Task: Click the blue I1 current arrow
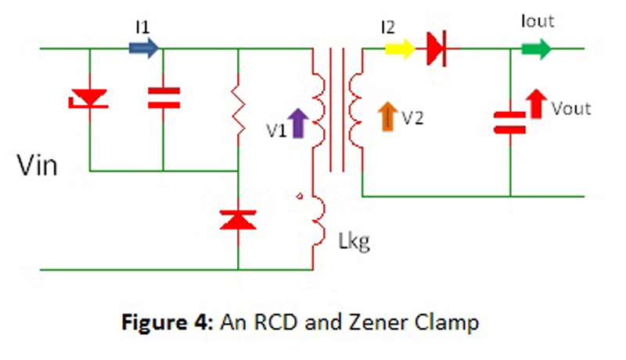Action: (145, 49)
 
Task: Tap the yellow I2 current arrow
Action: (399, 49)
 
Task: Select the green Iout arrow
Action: (536, 49)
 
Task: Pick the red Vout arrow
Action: (535, 103)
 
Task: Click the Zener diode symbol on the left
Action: (89, 97)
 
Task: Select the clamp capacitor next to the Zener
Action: (163, 97)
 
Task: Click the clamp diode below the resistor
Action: (237, 218)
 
